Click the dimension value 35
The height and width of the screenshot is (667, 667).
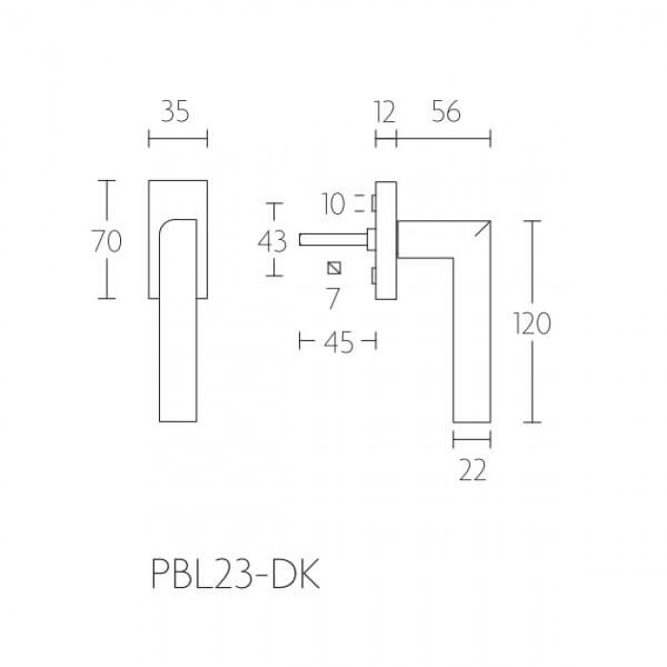click(x=174, y=112)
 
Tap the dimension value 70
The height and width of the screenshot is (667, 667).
click(x=107, y=241)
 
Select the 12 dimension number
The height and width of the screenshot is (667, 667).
click(x=385, y=112)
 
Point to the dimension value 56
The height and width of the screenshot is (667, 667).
click(x=446, y=112)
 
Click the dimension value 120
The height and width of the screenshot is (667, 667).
click(x=532, y=323)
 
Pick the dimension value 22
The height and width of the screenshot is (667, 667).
click(x=473, y=471)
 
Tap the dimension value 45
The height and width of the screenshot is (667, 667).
click(x=338, y=343)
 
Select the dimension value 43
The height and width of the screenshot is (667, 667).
click(x=273, y=242)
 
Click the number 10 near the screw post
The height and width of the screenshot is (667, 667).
click(x=333, y=204)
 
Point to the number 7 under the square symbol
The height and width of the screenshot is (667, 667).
click(x=333, y=298)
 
